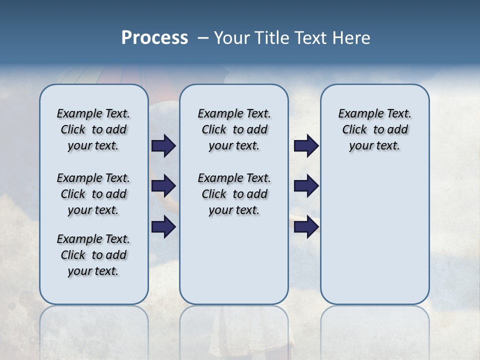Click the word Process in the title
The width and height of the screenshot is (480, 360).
click(154, 38)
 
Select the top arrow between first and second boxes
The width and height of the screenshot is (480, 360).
click(163, 145)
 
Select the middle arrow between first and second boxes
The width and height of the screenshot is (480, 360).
click(163, 186)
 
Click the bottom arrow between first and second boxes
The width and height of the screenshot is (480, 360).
click(163, 227)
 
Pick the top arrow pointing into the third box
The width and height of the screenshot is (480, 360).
click(306, 145)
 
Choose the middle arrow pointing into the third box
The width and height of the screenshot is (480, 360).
click(306, 186)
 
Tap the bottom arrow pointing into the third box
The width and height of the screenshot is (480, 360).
click(306, 227)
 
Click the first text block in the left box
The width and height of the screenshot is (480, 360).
click(93, 129)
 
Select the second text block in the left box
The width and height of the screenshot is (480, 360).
click(93, 194)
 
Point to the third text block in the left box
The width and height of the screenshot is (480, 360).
click(93, 255)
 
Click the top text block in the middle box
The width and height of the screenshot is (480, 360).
click(234, 129)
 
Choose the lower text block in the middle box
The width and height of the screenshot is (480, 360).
click(234, 194)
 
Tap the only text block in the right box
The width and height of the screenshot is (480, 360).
click(374, 129)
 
